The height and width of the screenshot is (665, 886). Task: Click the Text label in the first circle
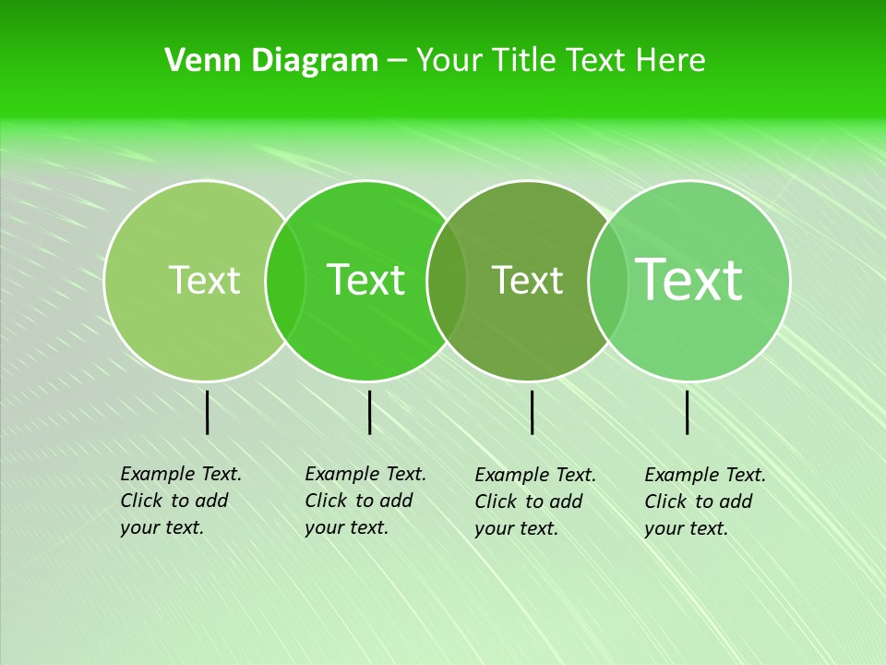204,280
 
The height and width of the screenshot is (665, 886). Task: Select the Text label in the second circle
366,280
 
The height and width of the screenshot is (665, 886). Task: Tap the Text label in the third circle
528,280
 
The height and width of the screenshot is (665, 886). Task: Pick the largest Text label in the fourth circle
689,280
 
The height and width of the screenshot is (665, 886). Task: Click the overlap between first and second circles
285,280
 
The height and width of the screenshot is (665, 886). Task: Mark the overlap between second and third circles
448,280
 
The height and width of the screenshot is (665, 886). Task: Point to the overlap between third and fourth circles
608,280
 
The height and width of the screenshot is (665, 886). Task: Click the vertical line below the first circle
207,412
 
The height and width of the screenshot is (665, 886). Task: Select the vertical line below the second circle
369,412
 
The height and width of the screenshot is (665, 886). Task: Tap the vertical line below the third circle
532,412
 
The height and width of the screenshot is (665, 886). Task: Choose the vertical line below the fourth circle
687,412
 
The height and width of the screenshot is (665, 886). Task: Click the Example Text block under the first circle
181,501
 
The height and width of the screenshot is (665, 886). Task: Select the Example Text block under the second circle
365,501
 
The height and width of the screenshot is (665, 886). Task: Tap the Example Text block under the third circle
535,502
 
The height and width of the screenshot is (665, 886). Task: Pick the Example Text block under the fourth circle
705,502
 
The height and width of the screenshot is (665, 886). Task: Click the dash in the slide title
397,62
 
